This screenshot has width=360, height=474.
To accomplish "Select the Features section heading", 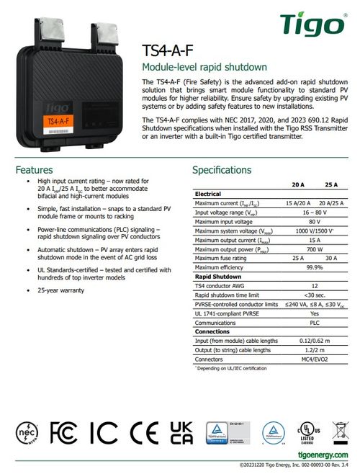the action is click(x=35, y=170).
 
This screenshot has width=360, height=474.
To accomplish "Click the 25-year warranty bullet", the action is click(x=60, y=290).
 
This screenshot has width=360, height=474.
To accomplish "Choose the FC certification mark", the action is click(x=67, y=432).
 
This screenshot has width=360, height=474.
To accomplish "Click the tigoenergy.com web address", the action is click(x=324, y=455).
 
